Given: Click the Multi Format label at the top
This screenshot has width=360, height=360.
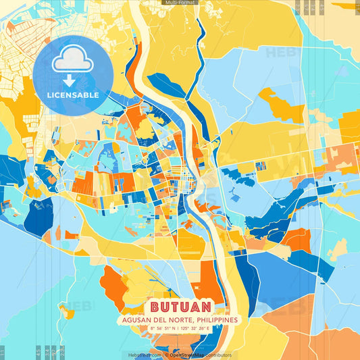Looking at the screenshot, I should click(180, 3).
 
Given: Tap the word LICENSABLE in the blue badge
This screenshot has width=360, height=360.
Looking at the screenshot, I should click(73, 95).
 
